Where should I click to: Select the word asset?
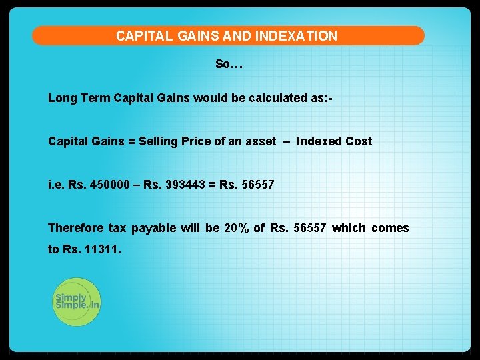259,141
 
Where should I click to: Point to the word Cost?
359,141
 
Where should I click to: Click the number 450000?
113,185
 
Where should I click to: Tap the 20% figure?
237,228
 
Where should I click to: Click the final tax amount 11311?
103,250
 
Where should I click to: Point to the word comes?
390,228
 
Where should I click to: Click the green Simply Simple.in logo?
77,301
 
